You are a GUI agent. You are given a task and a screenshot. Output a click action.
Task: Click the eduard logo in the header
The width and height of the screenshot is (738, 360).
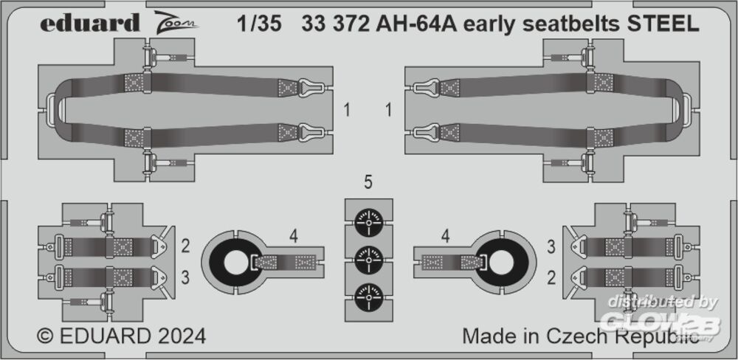click(x=90, y=23)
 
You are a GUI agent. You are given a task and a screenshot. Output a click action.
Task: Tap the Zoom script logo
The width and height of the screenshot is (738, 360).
click(x=176, y=21)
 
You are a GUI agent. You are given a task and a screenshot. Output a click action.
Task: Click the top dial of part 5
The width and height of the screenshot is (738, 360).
click(x=368, y=222)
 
